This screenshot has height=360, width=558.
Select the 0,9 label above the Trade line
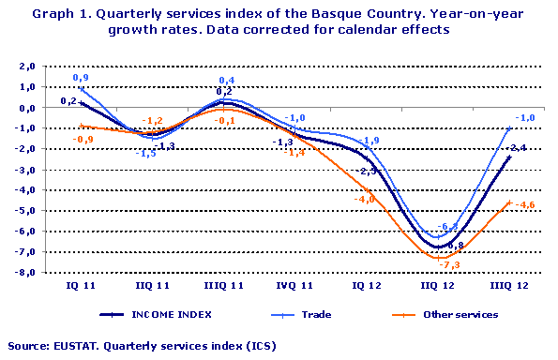coord(82,77)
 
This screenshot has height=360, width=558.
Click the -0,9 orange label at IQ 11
coord(84,140)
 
